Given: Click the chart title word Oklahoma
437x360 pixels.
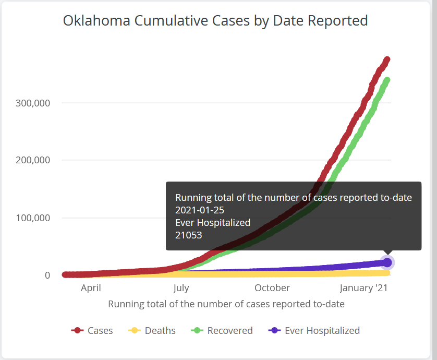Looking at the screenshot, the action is click(x=96, y=21).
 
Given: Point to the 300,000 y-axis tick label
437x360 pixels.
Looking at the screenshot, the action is click(x=33, y=103).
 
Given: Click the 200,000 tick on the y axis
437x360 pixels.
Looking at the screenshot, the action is click(x=33, y=160).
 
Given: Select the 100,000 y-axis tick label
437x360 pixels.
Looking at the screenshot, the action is click(x=33, y=218).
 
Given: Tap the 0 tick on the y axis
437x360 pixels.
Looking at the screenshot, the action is click(x=47, y=275).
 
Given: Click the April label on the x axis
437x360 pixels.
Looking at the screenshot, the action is click(x=91, y=288).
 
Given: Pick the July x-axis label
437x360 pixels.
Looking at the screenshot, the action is click(x=181, y=288).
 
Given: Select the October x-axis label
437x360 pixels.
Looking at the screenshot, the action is click(x=272, y=288).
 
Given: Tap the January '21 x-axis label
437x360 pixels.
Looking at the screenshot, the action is click(x=363, y=288).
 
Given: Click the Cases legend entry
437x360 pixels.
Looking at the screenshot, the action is click(x=92, y=330).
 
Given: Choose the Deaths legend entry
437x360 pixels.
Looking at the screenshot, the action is click(x=152, y=330).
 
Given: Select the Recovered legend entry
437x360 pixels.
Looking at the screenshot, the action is click(x=222, y=330).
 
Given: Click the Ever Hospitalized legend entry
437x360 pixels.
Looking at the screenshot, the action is click(x=314, y=330).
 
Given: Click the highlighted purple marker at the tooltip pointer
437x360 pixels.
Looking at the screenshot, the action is click(x=387, y=262).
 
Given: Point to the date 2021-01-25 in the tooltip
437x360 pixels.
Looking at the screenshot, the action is click(x=200, y=210).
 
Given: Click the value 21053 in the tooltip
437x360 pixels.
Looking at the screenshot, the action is click(x=189, y=235).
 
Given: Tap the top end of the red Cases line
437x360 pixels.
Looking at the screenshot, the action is click(x=387, y=59).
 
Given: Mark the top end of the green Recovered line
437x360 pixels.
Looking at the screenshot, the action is click(x=387, y=80).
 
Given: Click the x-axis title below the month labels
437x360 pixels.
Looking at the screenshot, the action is click(x=226, y=304).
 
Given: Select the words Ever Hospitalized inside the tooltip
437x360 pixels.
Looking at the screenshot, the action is click(x=213, y=223).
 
